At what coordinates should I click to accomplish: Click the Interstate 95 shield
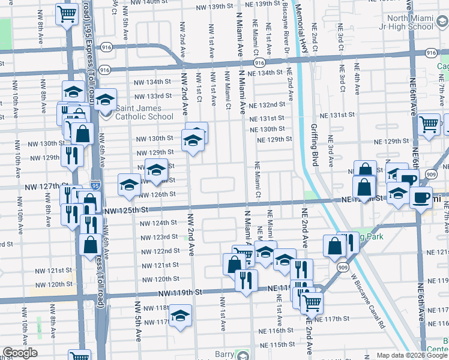[x=95, y=184]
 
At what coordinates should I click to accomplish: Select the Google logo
[x=20, y=353]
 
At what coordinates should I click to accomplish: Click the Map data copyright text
[x=404, y=355]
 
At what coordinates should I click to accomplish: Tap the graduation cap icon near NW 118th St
[x=179, y=316]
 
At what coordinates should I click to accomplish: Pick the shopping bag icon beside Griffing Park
[x=334, y=245]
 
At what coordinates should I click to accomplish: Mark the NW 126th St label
[x=157, y=194]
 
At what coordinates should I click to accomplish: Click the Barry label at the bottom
[x=224, y=354]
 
